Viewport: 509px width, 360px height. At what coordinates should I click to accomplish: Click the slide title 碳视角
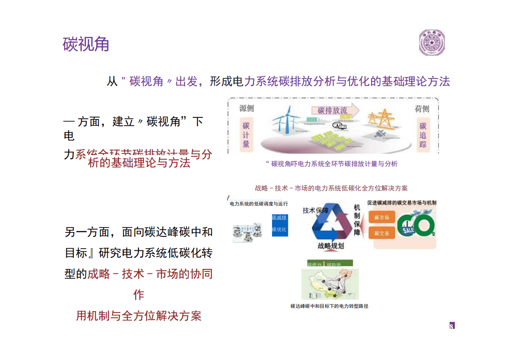pos(86,44)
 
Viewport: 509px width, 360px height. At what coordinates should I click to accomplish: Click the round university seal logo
pos(432,43)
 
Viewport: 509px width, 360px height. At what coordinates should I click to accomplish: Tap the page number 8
pos(452,326)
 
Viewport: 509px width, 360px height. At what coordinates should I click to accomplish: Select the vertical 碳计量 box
pos(246,134)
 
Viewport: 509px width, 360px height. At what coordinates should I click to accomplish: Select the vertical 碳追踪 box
pos(423,134)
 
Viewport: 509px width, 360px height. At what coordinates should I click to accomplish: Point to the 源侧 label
pos(246,109)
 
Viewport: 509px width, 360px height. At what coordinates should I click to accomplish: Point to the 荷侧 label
pos(422,109)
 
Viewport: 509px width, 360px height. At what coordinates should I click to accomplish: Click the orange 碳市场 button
pos(382,217)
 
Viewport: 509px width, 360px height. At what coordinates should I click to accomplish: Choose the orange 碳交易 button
pos(382,233)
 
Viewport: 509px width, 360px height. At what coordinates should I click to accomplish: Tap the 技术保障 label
pos(316,210)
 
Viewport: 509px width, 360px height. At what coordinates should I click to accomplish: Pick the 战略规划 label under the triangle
pos(331,246)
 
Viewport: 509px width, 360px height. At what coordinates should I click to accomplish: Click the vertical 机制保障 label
pos(357,220)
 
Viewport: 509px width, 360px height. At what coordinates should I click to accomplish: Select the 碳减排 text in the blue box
pos(279,217)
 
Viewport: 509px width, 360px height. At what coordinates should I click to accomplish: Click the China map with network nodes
pos(330,284)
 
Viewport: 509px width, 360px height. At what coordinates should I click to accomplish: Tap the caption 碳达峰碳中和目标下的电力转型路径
pos(329,306)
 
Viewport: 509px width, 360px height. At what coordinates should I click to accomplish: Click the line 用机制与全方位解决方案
pos(139,316)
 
